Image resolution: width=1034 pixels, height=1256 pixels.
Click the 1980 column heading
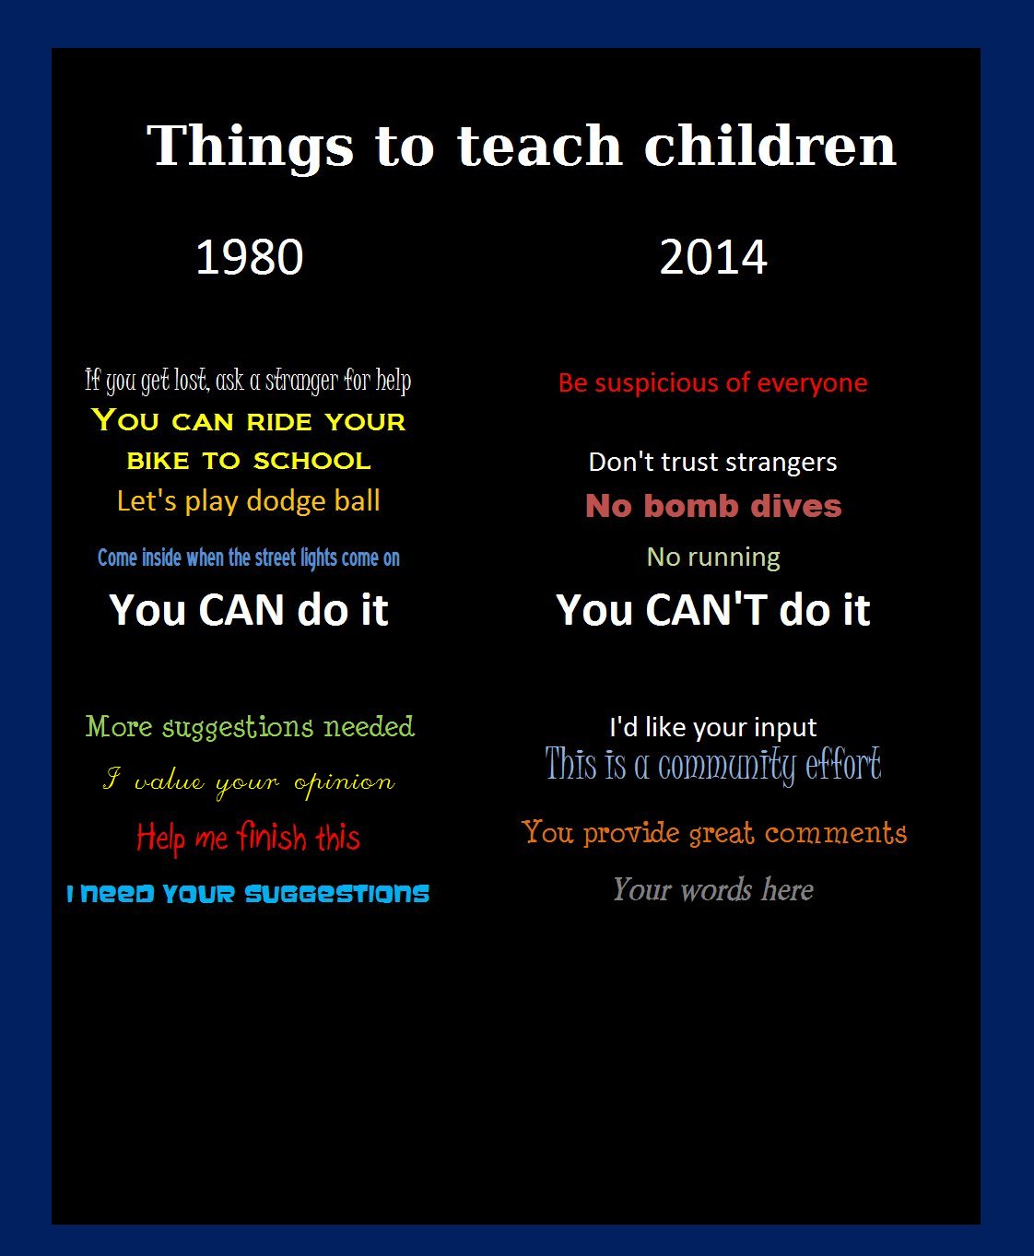(249, 257)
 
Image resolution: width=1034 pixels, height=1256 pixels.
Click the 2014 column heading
(713, 257)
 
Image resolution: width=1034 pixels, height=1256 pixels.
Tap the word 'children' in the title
(770, 146)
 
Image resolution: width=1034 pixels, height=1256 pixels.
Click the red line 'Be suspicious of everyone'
(713, 383)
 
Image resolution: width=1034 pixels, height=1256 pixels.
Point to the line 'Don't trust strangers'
(713, 463)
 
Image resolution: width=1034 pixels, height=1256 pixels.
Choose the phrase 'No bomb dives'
(713, 506)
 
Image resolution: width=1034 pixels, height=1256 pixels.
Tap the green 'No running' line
(713, 558)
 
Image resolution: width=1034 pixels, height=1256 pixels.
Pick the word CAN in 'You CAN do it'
(241, 610)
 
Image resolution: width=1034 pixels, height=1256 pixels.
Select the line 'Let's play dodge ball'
(249, 501)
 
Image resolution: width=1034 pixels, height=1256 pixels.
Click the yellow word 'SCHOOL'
(312, 461)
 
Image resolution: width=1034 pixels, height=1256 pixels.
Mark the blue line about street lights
(249, 558)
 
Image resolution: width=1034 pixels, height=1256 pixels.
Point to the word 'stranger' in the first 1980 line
(301, 381)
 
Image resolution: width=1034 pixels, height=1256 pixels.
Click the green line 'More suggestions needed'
(250, 727)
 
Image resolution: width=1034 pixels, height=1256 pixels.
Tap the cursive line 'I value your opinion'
(249, 781)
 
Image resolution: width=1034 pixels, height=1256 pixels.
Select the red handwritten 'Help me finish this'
(249, 837)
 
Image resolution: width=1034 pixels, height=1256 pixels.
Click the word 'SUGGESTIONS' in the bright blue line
(336, 893)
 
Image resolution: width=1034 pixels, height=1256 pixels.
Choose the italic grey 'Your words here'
(713, 889)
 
